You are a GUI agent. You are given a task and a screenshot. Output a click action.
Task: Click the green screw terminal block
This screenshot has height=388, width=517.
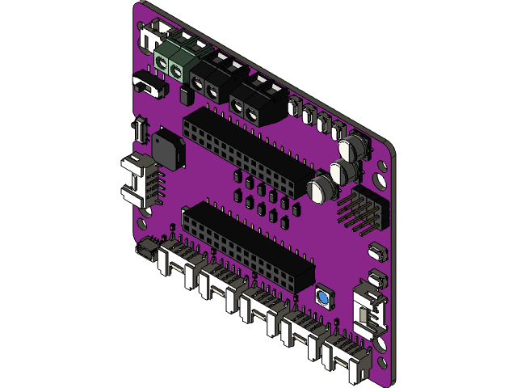[172, 63]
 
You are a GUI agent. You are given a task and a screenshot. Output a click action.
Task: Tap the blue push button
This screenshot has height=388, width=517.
[323, 299]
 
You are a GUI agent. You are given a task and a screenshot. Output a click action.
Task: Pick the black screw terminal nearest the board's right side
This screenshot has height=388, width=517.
[258, 102]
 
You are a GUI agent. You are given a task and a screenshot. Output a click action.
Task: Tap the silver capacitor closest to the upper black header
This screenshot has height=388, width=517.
[321, 189]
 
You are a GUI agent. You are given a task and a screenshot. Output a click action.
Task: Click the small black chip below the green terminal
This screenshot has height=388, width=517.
[185, 96]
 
